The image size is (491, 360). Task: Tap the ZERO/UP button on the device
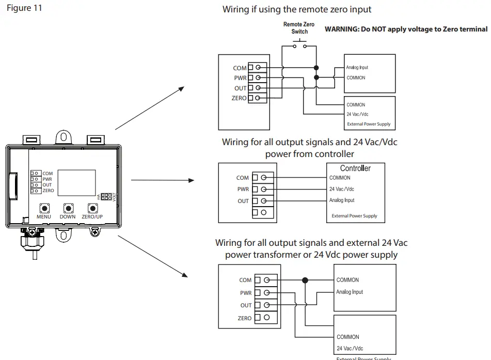(x=93, y=208)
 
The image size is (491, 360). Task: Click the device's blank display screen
(x=76, y=182)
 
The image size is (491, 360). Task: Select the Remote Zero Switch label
(x=299, y=28)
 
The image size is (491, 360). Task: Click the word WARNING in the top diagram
(x=342, y=29)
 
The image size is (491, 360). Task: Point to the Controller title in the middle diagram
(x=355, y=168)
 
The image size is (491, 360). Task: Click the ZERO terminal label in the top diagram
(x=239, y=98)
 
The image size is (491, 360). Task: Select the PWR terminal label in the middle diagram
(x=243, y=190)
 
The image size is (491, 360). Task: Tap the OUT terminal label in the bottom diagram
(x=246, y=305)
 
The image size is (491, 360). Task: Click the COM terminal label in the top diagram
(x=240, y=68)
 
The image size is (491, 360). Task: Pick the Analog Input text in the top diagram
(x=357, y=68)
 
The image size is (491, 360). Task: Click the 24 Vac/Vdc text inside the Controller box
(x=342, y=189)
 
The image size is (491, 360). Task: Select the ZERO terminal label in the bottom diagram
(x=245, y=318)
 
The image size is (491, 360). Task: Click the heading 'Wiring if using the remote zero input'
(x=297, y=9)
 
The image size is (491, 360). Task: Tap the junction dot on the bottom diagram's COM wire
(x=305, y=280)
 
